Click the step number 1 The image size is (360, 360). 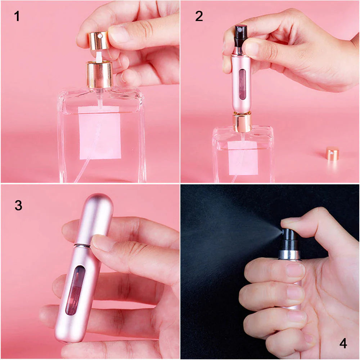tap(17, 16)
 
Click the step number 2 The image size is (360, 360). tap(199, 16)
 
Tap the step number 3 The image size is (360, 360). tap(18, 205)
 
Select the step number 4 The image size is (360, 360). tap(343, 343)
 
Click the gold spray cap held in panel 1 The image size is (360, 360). tap(98, 40)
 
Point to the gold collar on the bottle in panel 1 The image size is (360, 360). tap(99, 74)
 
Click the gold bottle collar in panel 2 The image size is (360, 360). tap(242, 122)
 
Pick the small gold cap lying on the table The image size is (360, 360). tap(332, 153)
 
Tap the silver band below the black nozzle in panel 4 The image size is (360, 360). tap(289, 255)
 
